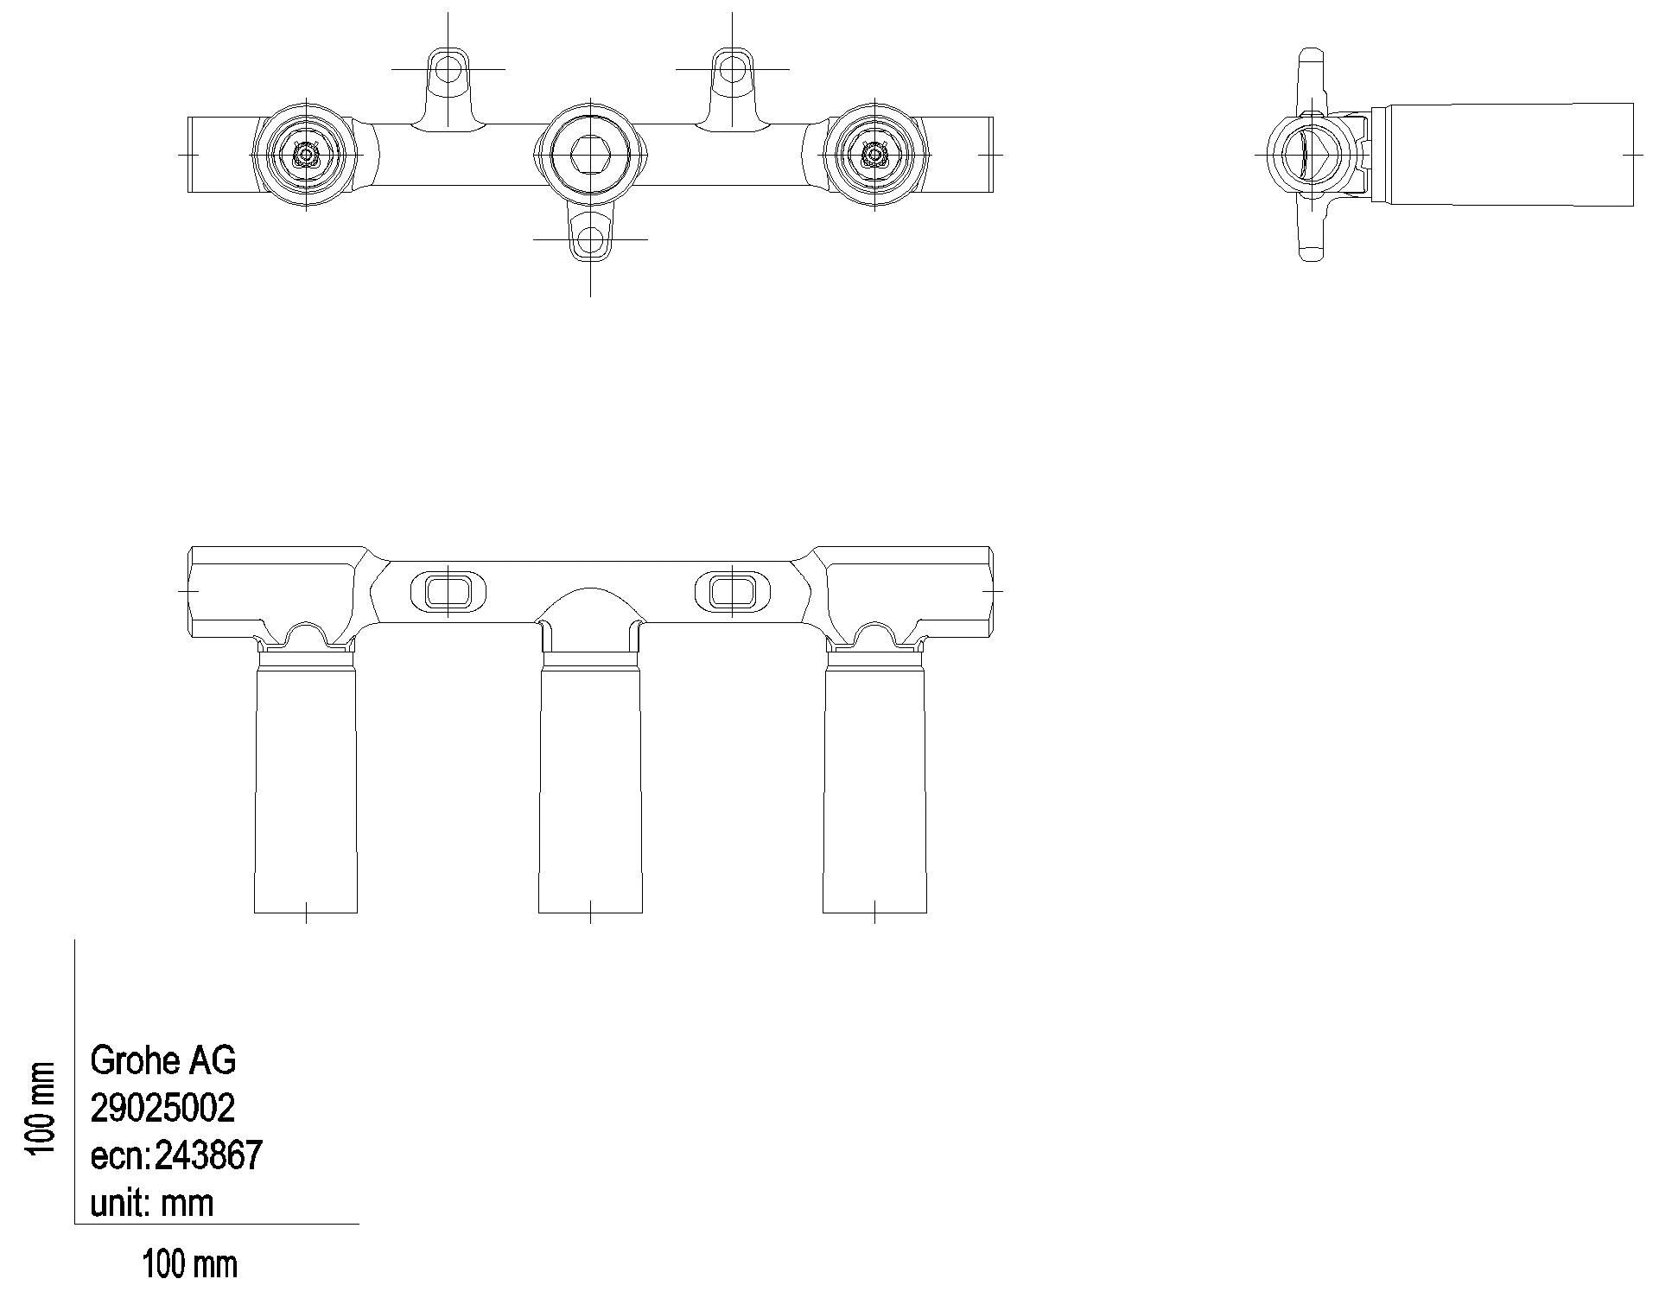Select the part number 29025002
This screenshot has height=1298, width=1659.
click(162, 1107)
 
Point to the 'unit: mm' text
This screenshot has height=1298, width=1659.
click(151, 1202)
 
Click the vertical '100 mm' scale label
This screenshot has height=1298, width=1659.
click(41, 1107)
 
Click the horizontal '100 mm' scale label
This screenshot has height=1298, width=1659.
click(189, 1265)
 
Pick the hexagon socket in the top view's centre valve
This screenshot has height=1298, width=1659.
click(590, 155)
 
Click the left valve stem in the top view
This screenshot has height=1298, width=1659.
click(306, 155)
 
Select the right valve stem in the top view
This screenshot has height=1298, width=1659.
click(874, 155)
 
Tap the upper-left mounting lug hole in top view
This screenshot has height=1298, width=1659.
click(448, 68)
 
